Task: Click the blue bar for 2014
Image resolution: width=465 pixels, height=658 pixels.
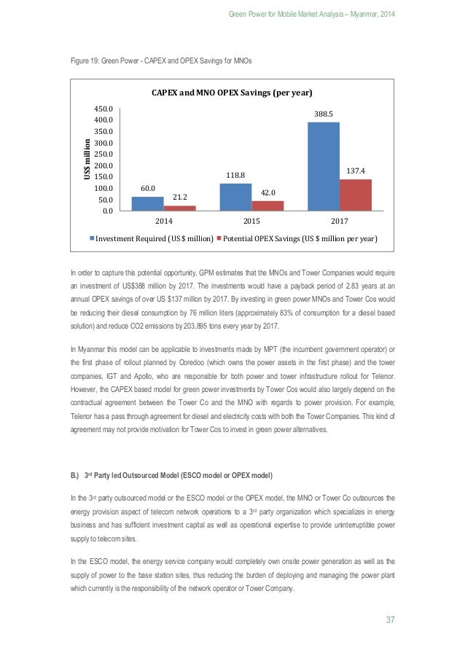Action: pos(146,203)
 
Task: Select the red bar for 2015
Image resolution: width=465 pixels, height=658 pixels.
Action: pos(267,205)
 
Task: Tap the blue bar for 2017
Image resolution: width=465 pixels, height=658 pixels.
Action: pos(324,166)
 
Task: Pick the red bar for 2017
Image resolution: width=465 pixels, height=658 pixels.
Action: pos(355,195)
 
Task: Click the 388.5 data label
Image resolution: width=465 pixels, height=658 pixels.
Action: pos(324,114)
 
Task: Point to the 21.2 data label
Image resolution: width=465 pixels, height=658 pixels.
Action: pos(179,197)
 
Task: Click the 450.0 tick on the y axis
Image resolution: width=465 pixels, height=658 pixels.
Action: pos(112,109)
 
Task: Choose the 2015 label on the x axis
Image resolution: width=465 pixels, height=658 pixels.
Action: pos(251,220)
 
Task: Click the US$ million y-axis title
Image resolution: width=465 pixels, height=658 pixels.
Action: pos(86,160)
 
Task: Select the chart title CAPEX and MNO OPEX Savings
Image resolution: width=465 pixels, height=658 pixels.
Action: pos(232,93)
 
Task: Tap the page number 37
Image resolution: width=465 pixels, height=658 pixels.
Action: pos(390,620)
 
